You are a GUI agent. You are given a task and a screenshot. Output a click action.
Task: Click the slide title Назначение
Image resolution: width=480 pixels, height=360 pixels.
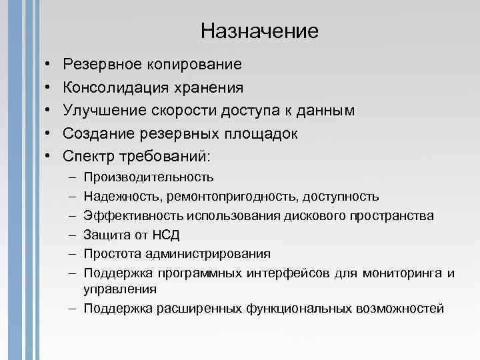pos(259,31)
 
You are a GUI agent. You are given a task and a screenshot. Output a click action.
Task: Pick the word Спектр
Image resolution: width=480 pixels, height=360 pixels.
pos(87,156)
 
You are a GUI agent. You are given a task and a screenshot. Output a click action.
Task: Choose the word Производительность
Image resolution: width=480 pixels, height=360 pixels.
pos(149,177)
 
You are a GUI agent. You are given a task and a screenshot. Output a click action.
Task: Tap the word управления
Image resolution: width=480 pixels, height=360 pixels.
pos(120,289)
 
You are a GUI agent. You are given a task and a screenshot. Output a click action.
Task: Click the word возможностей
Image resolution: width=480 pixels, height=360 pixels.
pos(401,308)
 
